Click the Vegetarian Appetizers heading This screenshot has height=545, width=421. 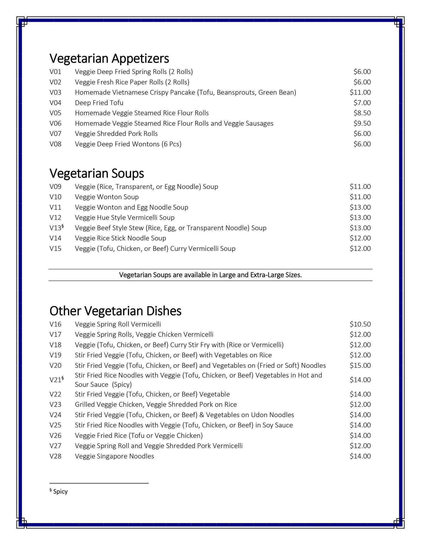coord(109,59)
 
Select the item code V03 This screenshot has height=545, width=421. coord(55,93)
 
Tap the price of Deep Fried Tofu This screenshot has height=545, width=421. coord(362,103)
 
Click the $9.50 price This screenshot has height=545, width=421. coord(362,123)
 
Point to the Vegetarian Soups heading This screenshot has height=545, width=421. coord(97,174)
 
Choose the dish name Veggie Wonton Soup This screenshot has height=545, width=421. coord(107,197)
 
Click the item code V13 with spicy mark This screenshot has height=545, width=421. coord(56,228)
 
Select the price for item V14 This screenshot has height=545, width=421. coord(360,238)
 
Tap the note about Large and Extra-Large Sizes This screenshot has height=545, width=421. coord(210,275)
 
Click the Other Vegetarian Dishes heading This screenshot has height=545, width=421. coord(115,311)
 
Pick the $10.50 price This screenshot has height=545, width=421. coord(360,324)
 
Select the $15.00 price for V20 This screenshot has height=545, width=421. coord(360,365)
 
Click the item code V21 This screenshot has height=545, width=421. coord(56,380)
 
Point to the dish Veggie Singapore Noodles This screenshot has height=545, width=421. coord(114,456)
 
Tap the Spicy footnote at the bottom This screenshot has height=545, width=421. coord(59,492)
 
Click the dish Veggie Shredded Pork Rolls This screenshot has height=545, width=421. coord(116,134)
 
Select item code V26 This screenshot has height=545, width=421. coord(55,435)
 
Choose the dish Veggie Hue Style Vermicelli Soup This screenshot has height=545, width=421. coord(125,218)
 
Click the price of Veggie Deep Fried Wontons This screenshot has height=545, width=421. coord(362,144)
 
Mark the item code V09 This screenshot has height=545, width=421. coord(55,187)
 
